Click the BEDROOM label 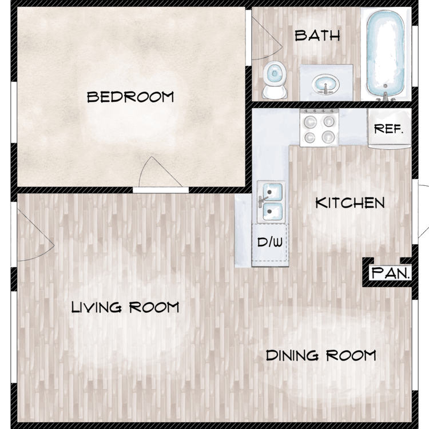tap(130, 97)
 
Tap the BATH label tap(317, 36)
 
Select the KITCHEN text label tap(350, 202)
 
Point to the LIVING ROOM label tap(125, 307)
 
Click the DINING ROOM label tap(321, 355)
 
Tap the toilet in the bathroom tap(275, 80)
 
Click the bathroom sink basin tap(325, 84)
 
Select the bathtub tap(385, 55)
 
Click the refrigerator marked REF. tap(390, 128)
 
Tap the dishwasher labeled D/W tap(270, 242)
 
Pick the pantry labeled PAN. tap(390, 272)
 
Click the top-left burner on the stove tap(310, 121)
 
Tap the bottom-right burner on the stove tap(328, 137)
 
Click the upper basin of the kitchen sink tap(272, 192)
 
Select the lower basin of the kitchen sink tap(272, 211)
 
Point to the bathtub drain tap(385, 86)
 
